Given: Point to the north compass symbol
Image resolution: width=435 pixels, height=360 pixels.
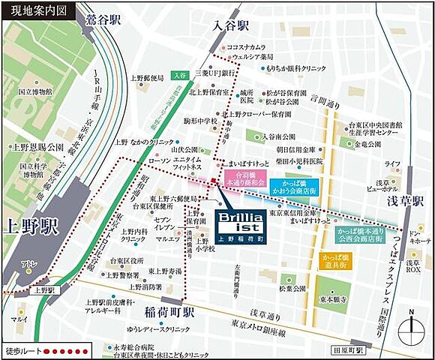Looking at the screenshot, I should pyautogui.click(x=411, y=325).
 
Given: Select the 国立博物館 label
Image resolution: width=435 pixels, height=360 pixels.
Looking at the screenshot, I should pyautogui.click(x=37, y=91).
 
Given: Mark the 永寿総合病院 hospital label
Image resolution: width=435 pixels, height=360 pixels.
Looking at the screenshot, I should pyautogui.click(x=133, y=347).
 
